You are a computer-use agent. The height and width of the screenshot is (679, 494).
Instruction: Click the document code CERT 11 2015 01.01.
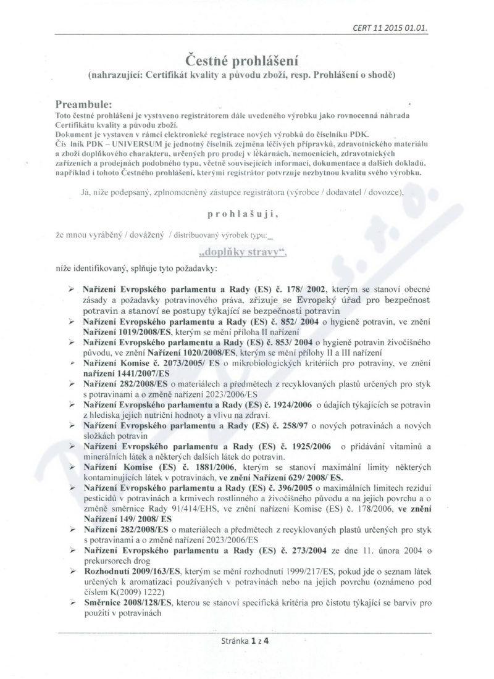390,28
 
